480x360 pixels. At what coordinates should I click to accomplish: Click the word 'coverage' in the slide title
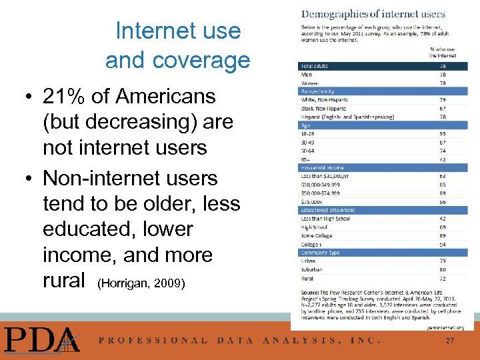178,61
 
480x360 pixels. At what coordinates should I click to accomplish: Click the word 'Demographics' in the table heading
333,13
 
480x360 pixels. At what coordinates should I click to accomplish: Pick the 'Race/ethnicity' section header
318,91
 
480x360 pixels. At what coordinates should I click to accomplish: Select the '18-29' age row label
309,133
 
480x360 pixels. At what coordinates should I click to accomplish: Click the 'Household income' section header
321,167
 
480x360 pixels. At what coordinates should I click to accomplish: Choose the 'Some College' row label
317,236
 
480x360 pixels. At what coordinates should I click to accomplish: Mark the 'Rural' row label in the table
308,278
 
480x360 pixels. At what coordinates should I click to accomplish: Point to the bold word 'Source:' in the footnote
311,291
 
